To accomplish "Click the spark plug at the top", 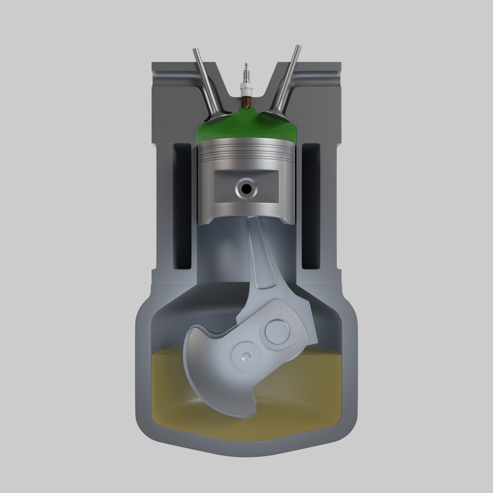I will (247, 84).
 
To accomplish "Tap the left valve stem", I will (204, 78).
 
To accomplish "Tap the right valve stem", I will (289, 78).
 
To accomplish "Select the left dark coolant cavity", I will (183, 205).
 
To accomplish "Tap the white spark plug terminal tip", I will (247, 67).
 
